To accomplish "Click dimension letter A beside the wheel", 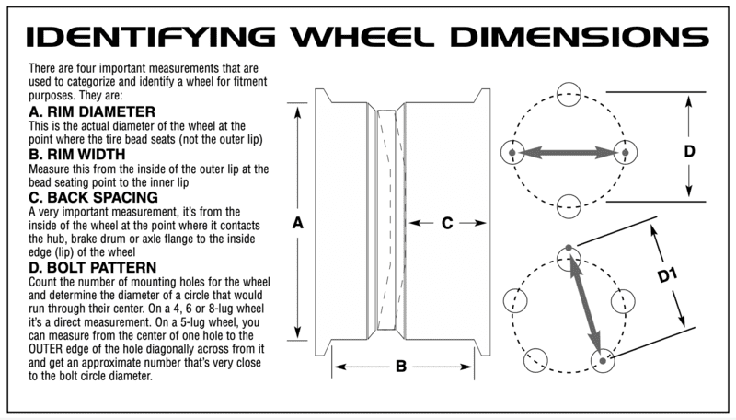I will coord(297,222).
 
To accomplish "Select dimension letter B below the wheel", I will coord(401,367).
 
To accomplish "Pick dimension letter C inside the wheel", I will coord(446,222).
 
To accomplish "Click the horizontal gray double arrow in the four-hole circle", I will coord(569,151).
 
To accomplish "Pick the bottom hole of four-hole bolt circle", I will coord(569,204).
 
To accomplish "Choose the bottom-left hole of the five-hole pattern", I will coord(535,361).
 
